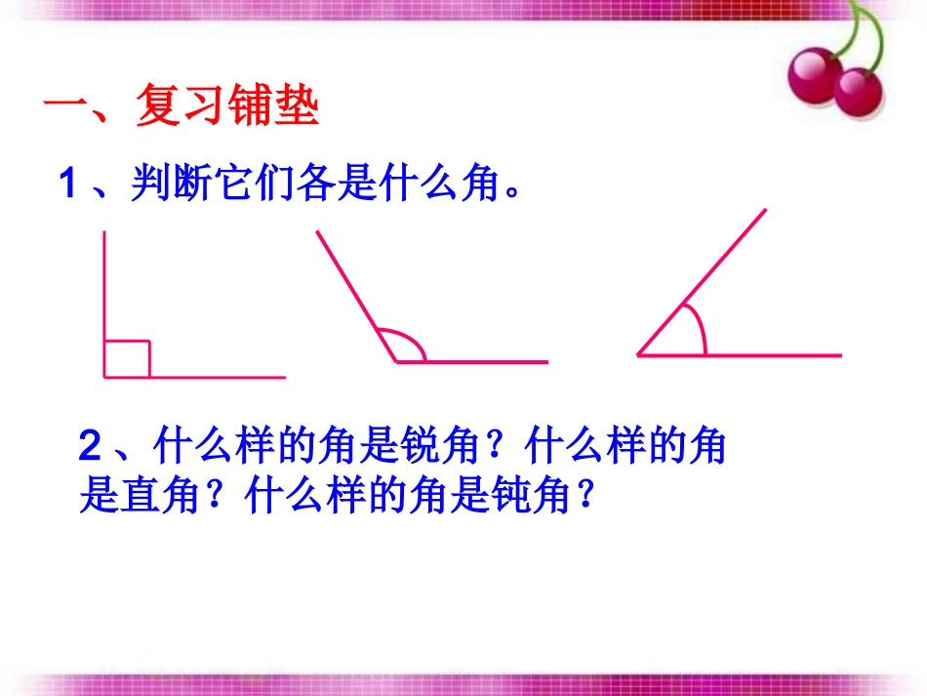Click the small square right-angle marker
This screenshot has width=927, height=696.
[127, 358]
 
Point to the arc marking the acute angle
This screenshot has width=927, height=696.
[697, 326]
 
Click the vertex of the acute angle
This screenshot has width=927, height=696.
[639, 354]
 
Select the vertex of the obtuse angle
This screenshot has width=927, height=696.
[397, 361]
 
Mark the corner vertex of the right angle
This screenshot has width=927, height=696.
[104, 376]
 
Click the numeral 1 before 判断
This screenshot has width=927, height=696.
[67, 184]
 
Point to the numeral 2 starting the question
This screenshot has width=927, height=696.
[90, 449]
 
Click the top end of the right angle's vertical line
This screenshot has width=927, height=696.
[104, 232]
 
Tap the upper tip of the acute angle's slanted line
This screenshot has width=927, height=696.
[765, 209]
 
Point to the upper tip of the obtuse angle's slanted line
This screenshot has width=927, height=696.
[316, 232]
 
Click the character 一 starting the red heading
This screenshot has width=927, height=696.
[64, 107]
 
